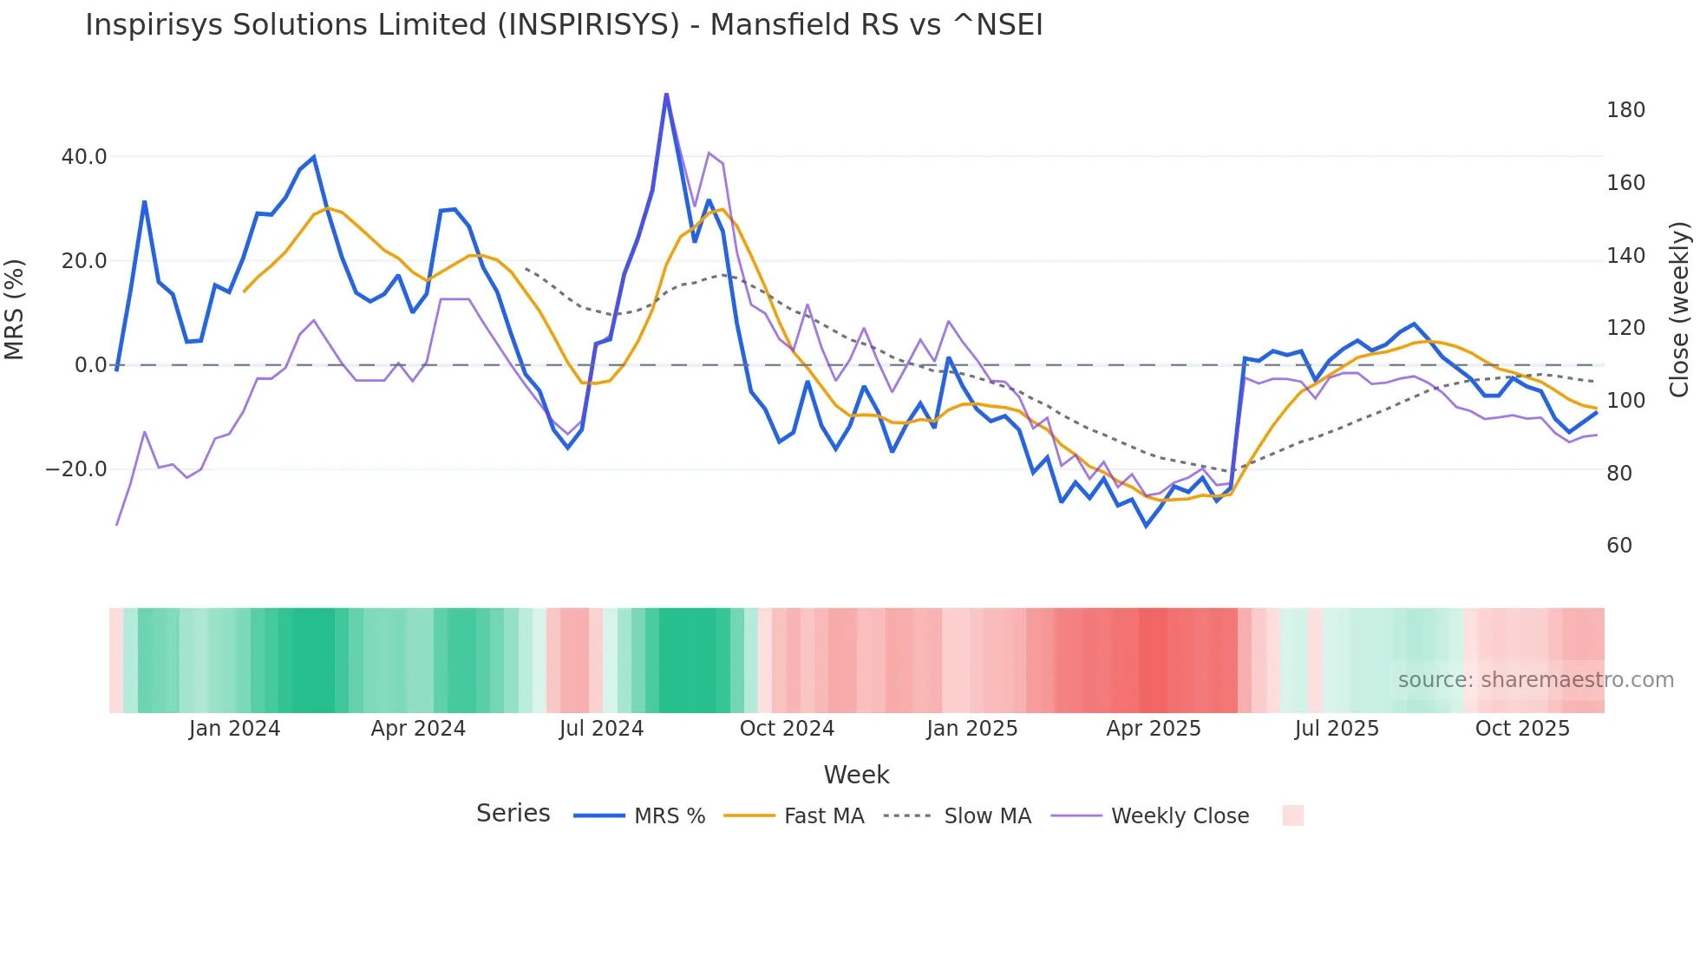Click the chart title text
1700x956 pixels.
[564, 25]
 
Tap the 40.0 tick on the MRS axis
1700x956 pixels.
[84, 157]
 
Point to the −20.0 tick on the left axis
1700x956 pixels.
[76, 469]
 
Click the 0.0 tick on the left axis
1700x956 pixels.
[90, 365]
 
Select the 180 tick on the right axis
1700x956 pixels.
[1625, 110]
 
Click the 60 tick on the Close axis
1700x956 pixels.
[1619, 546]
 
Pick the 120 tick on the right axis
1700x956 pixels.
[1625, 328]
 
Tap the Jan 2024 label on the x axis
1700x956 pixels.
[234, 729]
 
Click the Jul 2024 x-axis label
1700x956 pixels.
[601, 729]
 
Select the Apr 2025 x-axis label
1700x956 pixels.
[1154, 729]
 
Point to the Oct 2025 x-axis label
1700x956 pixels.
[1522, 729]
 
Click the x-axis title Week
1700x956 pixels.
[856, 775]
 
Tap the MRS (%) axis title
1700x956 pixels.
[15, 309]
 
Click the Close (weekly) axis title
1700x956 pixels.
[1679, 309]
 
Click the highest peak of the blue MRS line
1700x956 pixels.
[666, 95]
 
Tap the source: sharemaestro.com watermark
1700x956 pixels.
[1535, 680]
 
